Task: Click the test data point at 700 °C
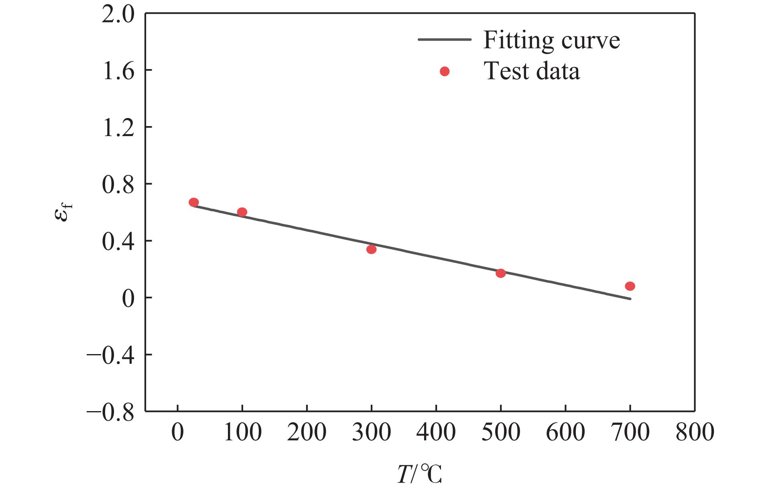630,286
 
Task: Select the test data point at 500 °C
500,273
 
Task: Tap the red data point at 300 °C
371,249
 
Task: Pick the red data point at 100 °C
242,212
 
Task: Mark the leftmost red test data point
193,202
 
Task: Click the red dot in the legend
445,71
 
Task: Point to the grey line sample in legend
445,39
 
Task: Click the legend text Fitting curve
551,40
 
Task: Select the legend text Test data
532,71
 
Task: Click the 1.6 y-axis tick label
118,70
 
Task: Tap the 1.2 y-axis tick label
118,127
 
